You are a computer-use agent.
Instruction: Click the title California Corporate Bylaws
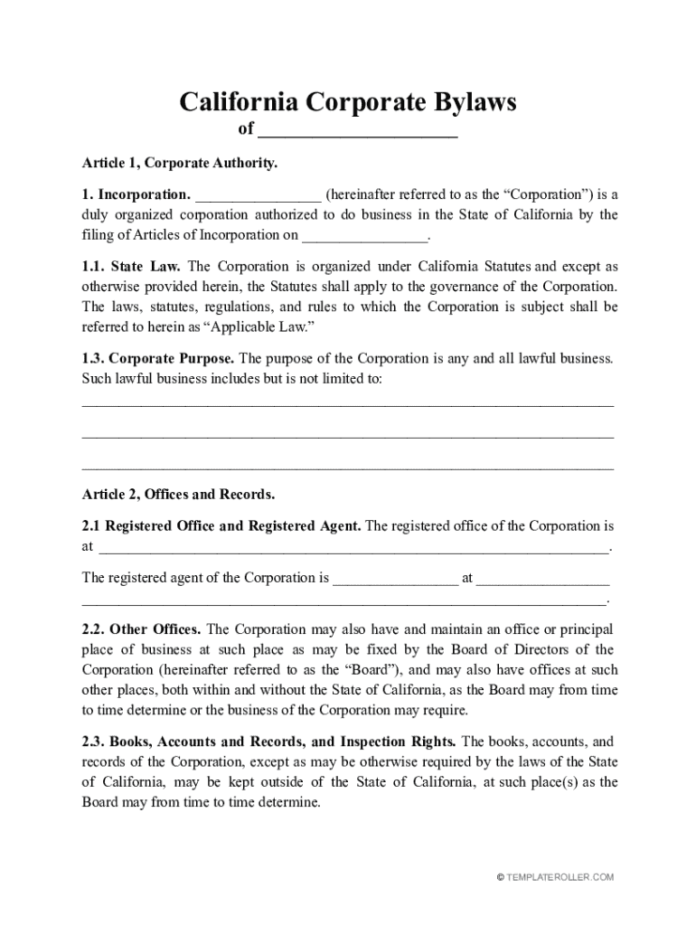pyautogui.click(x=347, y=101)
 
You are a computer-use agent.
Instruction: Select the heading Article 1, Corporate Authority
pyautogui.click(x=180, y=164)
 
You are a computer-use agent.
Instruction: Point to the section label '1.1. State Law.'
pyautogui.click(x=132, y=267)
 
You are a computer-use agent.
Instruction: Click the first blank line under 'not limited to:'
pyautogui.click(x=347, y=403)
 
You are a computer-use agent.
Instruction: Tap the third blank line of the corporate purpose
pyautogui.click(x=347, y=468)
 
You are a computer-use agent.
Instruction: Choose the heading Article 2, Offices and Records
pyautogui.click(x=178, y=495)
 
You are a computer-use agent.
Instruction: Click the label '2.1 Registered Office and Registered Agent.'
pyautogui.click(x=221, y=525)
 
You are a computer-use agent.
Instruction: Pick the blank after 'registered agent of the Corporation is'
pyautogui.click(x=396, y=579)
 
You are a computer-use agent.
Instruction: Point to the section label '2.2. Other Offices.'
pyautogui.click(x=142, y=629)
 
